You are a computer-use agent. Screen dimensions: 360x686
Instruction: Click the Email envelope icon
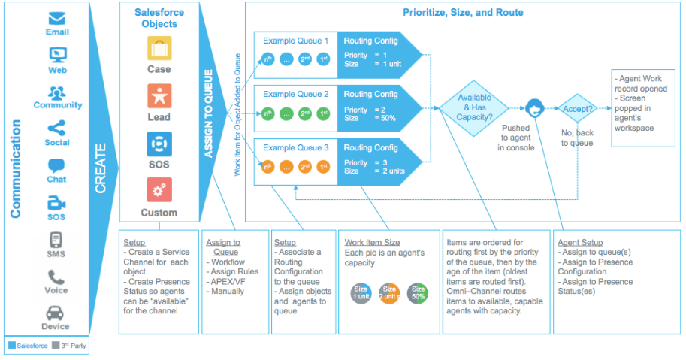(57, 17)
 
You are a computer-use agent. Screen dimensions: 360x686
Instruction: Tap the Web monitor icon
(57, 55)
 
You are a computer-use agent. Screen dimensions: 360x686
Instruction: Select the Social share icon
(57, 127)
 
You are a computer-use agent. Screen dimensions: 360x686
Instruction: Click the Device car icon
(56, 313)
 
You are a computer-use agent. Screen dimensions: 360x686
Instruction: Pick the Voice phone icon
(56, 277)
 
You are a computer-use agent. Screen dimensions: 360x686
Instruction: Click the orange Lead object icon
(159, 96)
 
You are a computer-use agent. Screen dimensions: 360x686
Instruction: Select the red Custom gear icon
(159, 190)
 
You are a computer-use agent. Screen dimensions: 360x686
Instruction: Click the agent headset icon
(534, 107)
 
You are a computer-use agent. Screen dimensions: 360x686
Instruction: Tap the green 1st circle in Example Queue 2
(324, 114)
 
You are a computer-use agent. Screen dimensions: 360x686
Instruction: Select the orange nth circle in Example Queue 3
(267, 167)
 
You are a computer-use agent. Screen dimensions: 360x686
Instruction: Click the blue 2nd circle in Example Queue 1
(305, 59)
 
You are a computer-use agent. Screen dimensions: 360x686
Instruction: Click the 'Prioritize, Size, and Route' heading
(463, 13)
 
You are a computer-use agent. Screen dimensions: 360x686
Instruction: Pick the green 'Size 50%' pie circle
(419, 292)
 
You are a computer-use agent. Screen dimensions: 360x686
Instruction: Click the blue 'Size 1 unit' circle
(361, 292)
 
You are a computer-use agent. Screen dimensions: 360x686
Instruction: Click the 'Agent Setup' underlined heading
(580, 243)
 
